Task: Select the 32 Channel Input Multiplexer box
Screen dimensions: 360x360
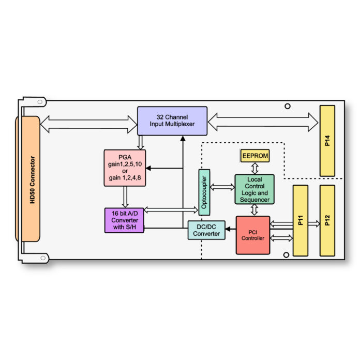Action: (172, 121)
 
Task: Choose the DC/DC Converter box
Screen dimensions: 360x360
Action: (206, 230)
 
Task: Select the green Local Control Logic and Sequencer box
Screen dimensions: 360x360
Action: (254, 189)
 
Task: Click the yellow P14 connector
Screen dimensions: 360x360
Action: (327, 141)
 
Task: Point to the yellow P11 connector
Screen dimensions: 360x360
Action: (301, 220)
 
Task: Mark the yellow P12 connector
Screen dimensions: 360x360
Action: (327, 220)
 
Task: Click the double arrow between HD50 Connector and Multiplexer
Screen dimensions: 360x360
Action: (88, 123)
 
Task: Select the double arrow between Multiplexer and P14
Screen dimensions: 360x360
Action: (263, 122)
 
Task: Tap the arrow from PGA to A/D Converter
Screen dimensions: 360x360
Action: (125, 197)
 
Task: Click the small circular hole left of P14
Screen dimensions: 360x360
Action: (288, 107)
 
